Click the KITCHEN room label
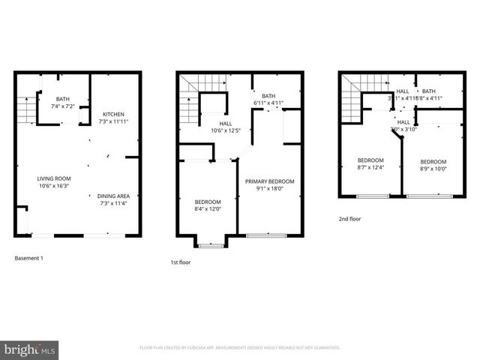[114, 114]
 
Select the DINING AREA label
[114, 196]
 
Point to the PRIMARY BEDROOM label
[271, 181]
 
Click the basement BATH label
[62, 99]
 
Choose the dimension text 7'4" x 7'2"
[62, 106]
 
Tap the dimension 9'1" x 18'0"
[271, 188]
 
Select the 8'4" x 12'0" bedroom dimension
[208, 209]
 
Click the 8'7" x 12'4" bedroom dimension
[370, 167]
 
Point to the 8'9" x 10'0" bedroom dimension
[433, 169]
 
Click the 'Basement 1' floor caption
[31, 258]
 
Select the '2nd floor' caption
[349, 219]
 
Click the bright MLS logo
[30, 349]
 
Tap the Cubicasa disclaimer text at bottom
[240, 348]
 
